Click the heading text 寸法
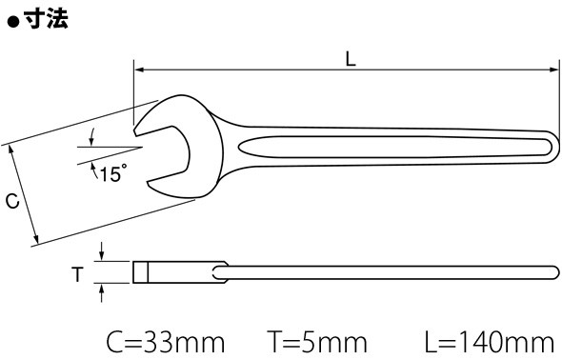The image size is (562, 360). click(47, 19)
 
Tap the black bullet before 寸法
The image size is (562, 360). click(13, 23)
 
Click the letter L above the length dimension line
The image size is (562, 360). click(351, 59)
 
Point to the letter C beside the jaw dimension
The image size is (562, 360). click(12, 201)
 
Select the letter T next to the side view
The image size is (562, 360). click(77, 274)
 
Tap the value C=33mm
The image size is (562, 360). click(165, 343)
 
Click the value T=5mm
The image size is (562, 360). click(317, 343)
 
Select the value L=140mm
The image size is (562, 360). click(489, 343)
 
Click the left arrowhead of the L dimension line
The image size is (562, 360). click(139, 70)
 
